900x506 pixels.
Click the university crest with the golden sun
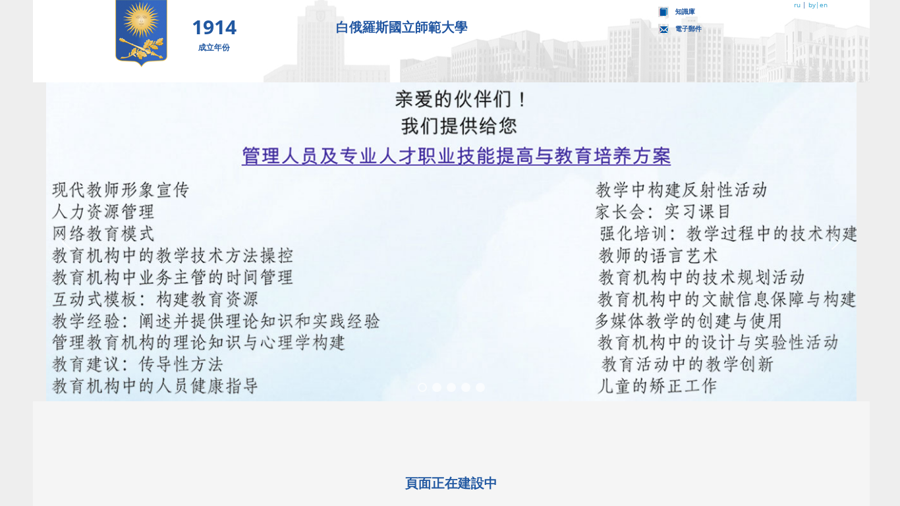coord(141,32)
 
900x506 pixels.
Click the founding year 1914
coord(214,28)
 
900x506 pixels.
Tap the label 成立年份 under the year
coord(213,47)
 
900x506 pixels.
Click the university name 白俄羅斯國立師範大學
coord(401,27)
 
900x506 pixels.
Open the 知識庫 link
coord(685,12)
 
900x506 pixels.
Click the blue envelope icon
coord(663,29)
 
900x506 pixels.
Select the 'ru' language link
coord(797,5)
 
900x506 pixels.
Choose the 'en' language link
coord(824,5)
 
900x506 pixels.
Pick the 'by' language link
coord(812,5)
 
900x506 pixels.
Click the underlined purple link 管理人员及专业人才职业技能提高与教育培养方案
coord(456,156)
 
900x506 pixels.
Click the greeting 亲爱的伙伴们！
coord(461,99)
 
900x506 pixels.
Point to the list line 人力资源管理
coord(103,211)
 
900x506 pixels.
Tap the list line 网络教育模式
coord(103,233)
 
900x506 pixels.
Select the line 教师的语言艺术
coord(658,255)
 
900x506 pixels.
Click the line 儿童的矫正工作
coord(657,386)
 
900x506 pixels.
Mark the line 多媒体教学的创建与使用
coord(689,321)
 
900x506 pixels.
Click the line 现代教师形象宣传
coord(121,190)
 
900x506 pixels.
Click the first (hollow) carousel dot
coord(422,387)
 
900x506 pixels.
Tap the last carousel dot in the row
coord(480,387)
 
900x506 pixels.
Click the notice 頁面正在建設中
coord(451,483)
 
